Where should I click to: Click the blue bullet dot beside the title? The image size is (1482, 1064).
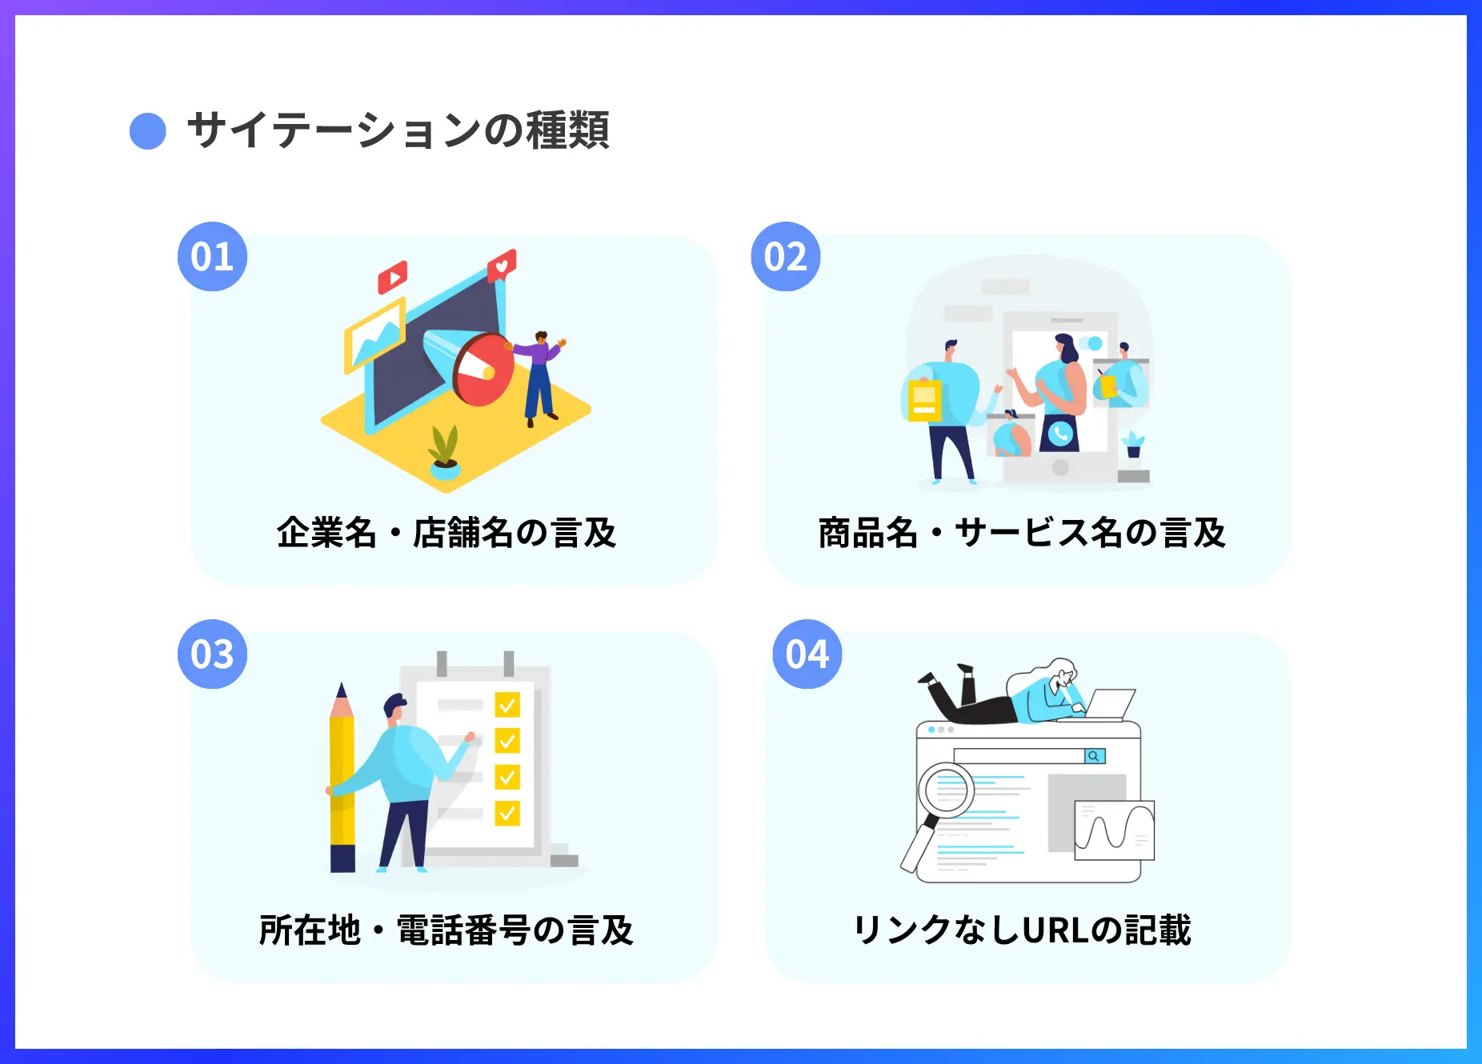coord(148,131)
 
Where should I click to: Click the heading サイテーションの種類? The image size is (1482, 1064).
coord(398,130)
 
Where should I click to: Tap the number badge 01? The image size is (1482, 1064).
coord(212,257)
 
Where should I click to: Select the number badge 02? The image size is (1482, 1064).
coord(786,257)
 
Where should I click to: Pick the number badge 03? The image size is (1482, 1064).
coord(212,654)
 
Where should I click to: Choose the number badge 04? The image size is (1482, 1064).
coord(807,654)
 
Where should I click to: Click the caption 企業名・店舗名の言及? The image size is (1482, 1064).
coord(447,533)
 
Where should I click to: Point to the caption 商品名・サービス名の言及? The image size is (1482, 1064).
coord(1022,533)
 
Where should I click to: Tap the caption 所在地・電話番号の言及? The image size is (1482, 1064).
coord(447,930)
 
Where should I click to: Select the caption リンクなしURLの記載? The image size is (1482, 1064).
coord(1022,930)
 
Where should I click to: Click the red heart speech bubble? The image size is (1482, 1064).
coord(502,265)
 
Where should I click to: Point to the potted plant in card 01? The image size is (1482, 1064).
coord(444,452)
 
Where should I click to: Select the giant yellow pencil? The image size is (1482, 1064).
coord(342,780)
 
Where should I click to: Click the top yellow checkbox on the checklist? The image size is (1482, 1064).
coord(507,705)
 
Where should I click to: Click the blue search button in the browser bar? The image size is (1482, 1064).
coord(1094,756)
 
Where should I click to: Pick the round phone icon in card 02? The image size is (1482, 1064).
coord(1060,434)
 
